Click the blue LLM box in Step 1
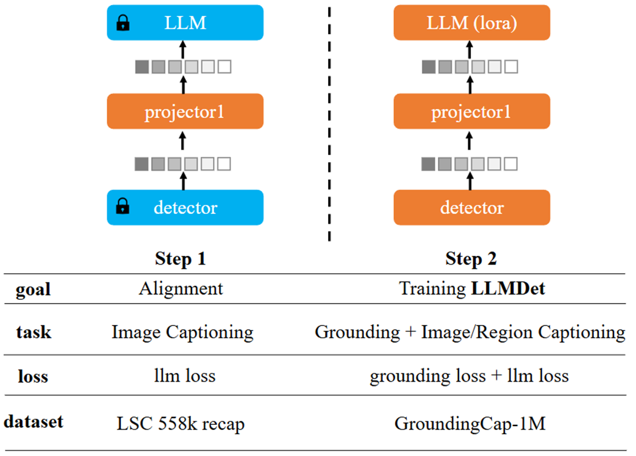185,23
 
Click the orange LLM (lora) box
471,23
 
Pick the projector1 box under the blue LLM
185,112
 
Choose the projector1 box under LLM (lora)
471,112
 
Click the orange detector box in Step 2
471,207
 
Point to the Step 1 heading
180,258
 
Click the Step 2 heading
471,258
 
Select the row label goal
34,289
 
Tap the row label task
34,332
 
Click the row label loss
34,376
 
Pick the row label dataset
34,421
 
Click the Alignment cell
181,288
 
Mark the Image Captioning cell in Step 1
182,332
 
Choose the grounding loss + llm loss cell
469,376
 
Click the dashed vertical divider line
330,122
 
